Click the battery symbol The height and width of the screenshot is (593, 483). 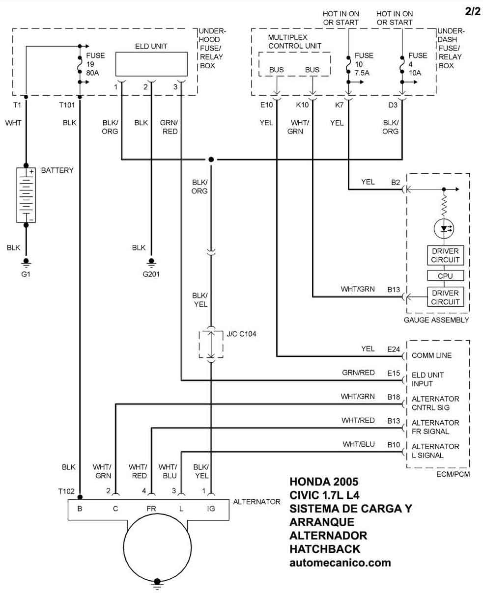point(26,195)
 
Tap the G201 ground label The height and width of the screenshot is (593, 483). point(151,274)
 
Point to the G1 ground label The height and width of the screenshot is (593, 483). point(26,274)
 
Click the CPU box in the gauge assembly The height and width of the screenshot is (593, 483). point(445,276)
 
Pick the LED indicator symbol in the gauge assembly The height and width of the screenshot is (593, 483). point(444,228)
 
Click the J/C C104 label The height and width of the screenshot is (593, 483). point(241,334)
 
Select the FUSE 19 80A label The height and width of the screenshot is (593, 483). point(95,64)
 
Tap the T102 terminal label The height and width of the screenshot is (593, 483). point(66,491)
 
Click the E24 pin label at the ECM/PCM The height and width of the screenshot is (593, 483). point(394,349)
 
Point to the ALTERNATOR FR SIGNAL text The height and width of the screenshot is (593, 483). point(435,427)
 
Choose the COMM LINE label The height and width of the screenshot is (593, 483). point(431,355)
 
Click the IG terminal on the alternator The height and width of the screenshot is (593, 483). point(211,509)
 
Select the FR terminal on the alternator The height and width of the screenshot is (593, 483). point(151,509)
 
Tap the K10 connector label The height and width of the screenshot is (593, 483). point(302,105)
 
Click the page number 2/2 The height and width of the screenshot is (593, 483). point(472,12)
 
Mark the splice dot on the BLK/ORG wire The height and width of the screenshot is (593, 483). point(211,160)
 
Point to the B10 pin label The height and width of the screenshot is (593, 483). point(394,445)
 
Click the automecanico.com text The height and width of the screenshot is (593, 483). point(340,563)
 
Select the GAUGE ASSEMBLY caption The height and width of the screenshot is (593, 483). point(436,320)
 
